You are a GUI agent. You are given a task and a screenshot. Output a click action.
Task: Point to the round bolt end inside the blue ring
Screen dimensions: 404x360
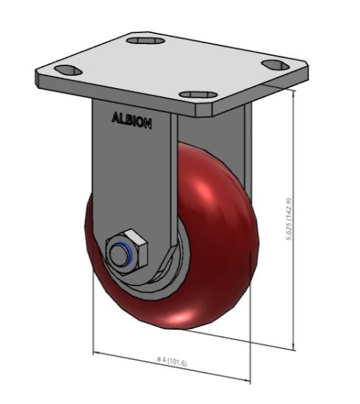tap(120, 253)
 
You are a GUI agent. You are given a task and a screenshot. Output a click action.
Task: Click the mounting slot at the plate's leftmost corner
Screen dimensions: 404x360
tap(68, 72)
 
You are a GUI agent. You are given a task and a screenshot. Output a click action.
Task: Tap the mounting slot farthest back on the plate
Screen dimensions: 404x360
tap(145, 40)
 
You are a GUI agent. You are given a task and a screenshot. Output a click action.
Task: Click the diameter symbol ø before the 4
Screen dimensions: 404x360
tap(159, 360)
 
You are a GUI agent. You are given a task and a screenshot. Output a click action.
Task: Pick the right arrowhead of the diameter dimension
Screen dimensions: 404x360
tap(249, 379)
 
